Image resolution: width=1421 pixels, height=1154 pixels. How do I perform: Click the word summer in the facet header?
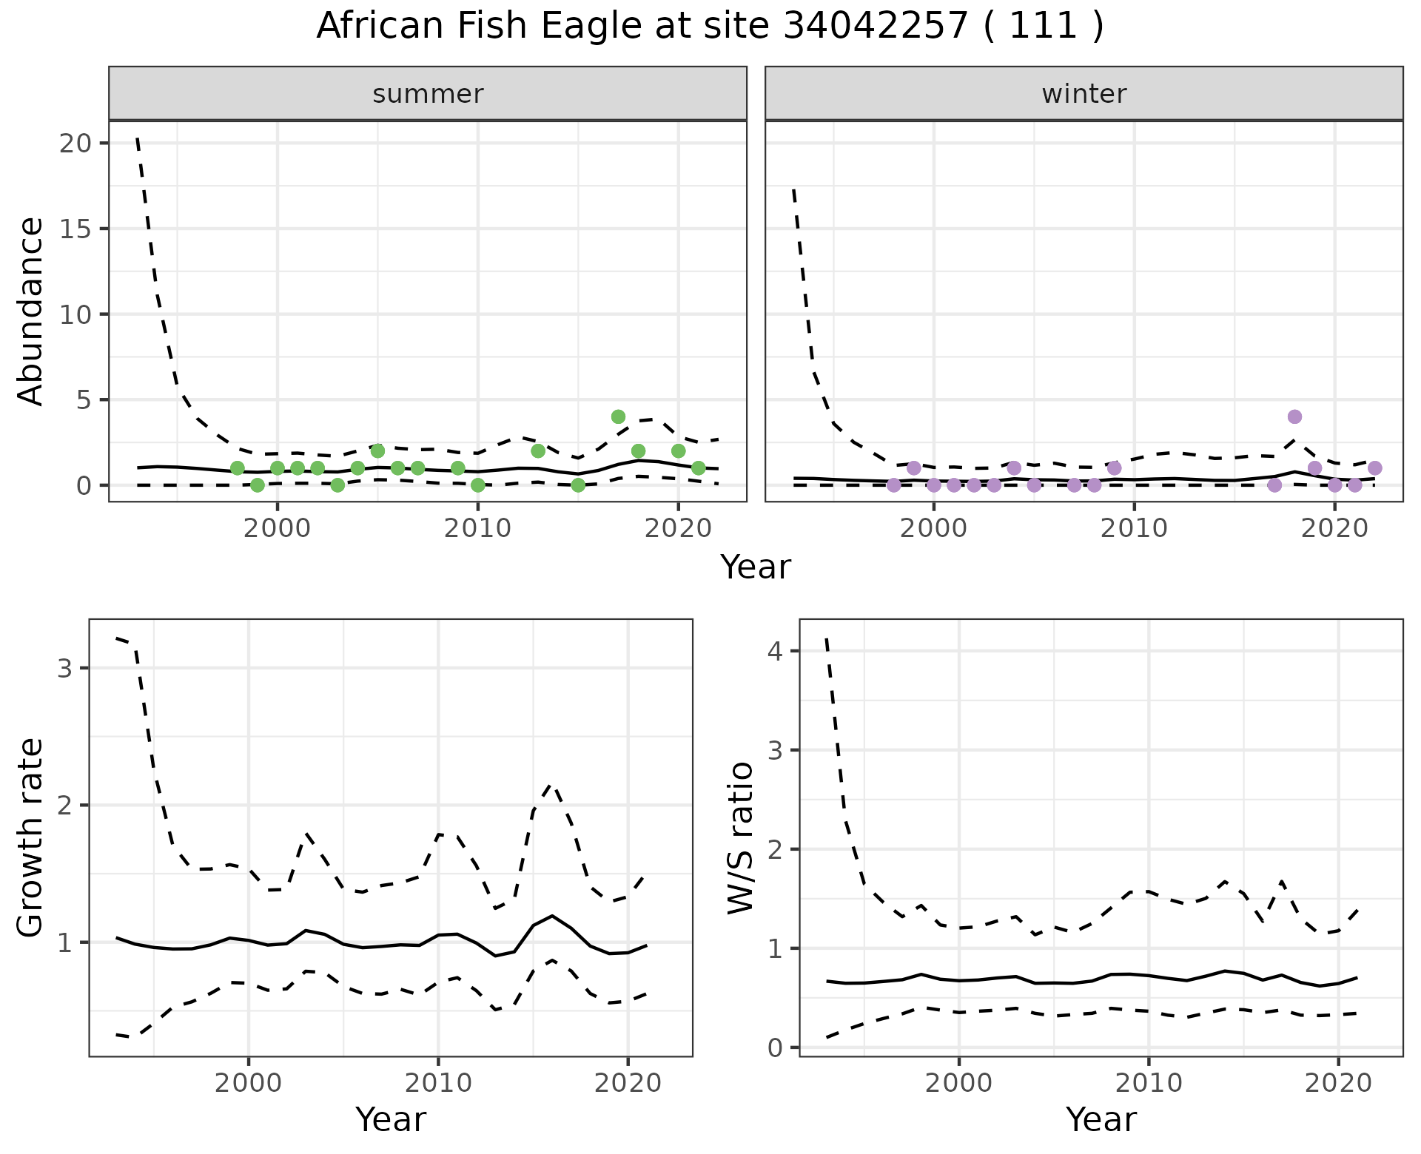click(x=428, y=94)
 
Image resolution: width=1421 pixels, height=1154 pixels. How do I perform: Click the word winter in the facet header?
click(x=1084, y=94)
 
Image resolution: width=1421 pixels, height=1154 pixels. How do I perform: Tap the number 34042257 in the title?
click(x=875, y=27)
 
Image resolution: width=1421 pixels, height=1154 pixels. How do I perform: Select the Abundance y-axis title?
click(x=31, y=311)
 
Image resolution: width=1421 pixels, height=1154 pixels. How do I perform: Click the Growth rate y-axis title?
click(x=31, y=838)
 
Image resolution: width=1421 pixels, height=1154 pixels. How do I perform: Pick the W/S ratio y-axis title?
click(x=740, y=838)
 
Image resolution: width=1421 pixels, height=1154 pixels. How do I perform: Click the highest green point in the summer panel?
click(x=618, y=416)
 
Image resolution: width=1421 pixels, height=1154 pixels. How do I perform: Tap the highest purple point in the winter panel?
click(x=1294, y=416)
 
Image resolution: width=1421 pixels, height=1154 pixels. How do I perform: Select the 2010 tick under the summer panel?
click(x=477, y=528)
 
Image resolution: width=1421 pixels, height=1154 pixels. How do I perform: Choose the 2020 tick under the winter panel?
click(x=1334, y=528)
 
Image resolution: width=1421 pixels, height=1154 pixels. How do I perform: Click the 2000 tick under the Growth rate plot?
click(x=248, y=1083)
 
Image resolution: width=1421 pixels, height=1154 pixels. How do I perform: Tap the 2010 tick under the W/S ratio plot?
click(x=1148, y=1083)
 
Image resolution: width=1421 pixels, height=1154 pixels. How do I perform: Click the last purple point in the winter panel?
click(x=1374, y=468)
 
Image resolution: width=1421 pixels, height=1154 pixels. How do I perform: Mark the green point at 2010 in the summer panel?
click(x=477, y=485)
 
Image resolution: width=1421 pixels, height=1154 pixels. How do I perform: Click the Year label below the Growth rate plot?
click(x=391, y=1119)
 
